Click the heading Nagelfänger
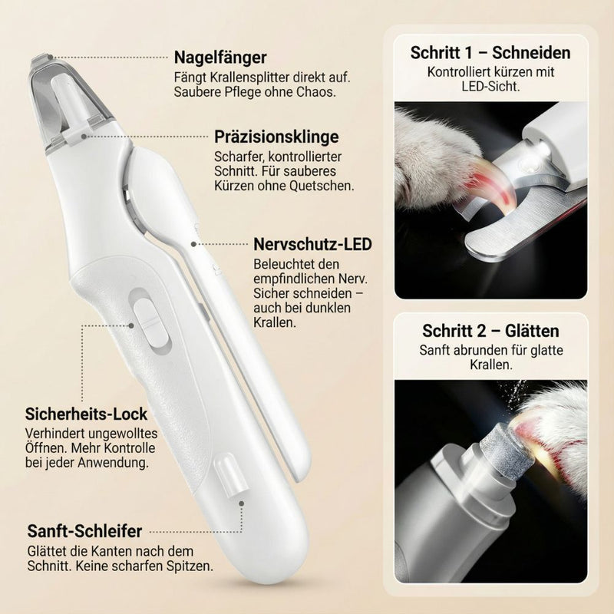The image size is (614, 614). (220, 58)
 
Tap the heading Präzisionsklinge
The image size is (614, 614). (276, 137)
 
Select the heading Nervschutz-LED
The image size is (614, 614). (312, 244)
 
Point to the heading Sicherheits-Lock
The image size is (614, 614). (86, 414)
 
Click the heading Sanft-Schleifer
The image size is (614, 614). (84, 531)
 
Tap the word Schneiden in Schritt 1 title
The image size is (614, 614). (531, 53)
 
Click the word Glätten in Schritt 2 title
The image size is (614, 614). (532, 332)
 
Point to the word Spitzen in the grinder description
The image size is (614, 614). (190, 566)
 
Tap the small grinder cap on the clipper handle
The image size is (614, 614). (232, 474)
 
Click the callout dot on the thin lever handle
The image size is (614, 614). (193, 244)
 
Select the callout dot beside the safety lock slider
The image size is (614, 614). (131, 325)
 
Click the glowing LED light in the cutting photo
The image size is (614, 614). (543, 149)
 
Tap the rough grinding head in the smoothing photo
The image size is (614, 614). (507, 449)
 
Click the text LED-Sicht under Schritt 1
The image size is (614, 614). (490, 87)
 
